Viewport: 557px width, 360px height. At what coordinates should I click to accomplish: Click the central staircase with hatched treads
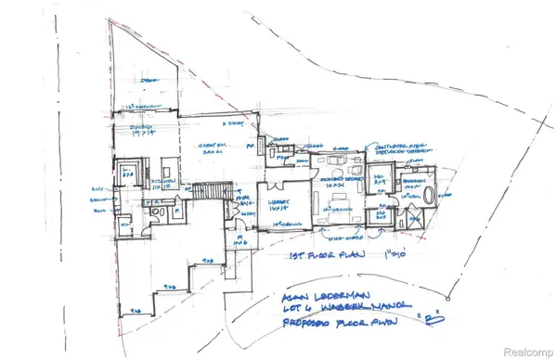pos(211,190)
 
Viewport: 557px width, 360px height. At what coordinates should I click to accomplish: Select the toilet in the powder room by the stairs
pos(160,213)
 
